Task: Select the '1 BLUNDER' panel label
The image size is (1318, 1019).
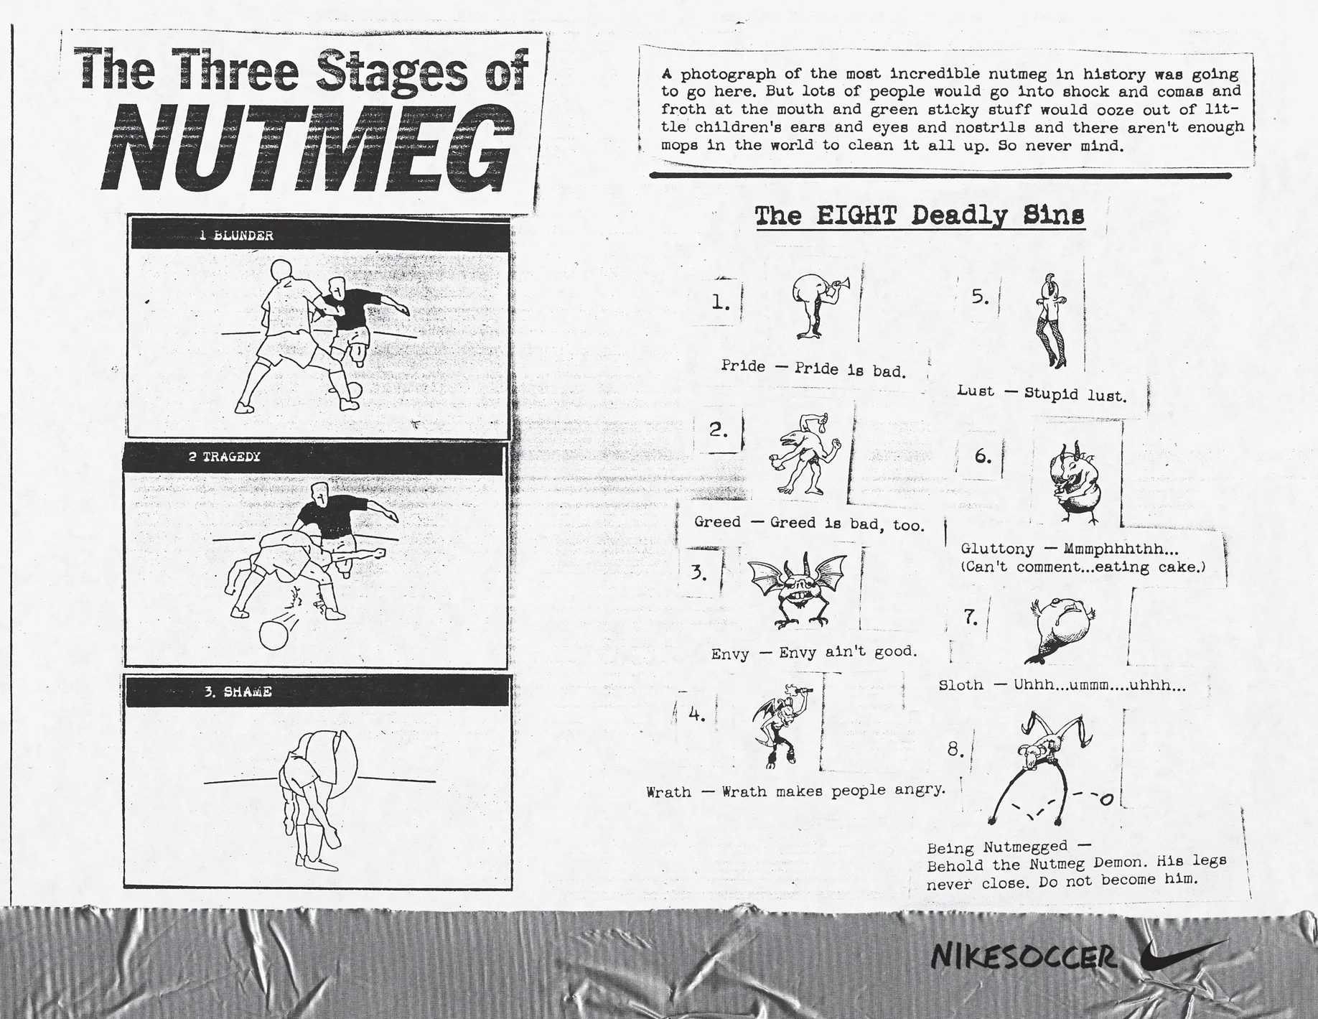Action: tap(236, 236)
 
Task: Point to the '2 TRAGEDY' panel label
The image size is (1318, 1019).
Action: tap(225, 457)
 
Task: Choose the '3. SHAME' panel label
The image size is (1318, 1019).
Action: tap(238, 692)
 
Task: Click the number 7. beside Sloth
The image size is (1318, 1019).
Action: tap(971, 617)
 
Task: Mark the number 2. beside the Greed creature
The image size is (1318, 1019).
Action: tap(719, 429)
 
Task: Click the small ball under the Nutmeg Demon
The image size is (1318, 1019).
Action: tap(1106, 799)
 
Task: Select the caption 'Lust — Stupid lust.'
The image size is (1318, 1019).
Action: tap(1042, 393)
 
